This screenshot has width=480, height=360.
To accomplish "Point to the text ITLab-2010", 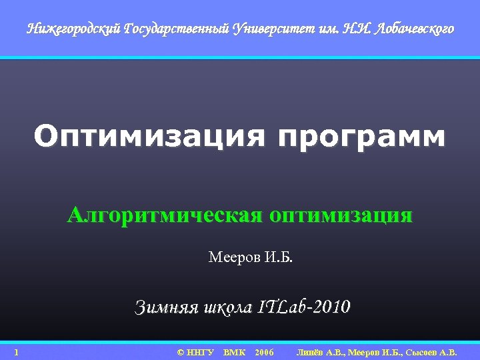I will [303, 307].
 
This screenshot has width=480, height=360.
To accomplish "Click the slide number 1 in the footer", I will [16, 351].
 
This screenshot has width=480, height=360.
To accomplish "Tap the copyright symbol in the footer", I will [180, 351].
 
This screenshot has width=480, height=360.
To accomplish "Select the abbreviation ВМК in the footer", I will [234, 351].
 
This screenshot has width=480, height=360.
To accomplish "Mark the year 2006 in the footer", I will [264, 351].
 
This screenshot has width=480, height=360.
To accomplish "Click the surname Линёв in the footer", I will [311, 351].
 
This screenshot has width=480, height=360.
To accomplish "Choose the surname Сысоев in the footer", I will [417, 351].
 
